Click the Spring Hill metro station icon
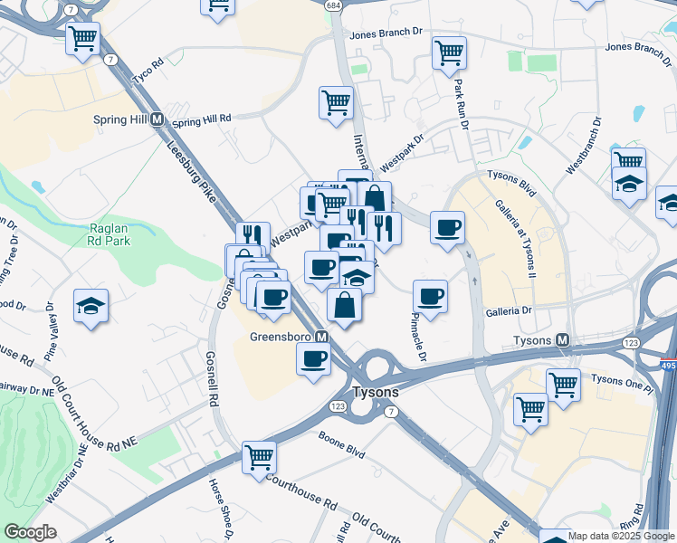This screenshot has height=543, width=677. click(157, 119)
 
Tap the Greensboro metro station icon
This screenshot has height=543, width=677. click(320, 337)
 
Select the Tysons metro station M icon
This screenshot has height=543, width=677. click(563, 340)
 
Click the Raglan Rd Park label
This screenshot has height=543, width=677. click(110, 235)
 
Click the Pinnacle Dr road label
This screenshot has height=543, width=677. click(418, 336)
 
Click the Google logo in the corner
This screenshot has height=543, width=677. click(30, 532)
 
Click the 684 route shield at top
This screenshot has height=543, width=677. click(334, 5)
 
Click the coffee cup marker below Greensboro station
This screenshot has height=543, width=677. click(314, 357)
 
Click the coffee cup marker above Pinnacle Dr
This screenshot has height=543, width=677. click(430, 295)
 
